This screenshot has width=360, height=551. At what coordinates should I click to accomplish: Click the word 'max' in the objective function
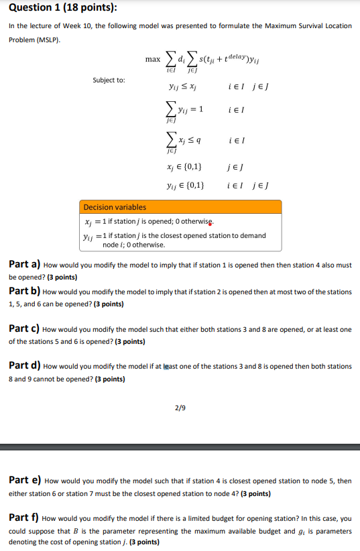click(x=152, y=60)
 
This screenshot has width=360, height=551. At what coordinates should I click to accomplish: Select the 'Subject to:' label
click(x=108, y=80)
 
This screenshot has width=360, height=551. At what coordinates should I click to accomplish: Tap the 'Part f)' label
click(x=23, y=518)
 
